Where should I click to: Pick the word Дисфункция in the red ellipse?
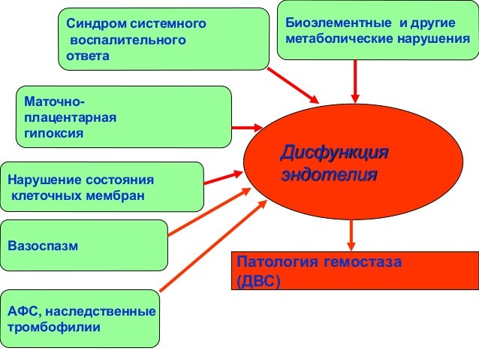click(x=333, y=154)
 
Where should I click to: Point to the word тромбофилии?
click(x=53, y=328)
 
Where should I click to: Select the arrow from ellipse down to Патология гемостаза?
click(x=351, y=233)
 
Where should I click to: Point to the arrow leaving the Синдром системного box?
click(x=294, y=83)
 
